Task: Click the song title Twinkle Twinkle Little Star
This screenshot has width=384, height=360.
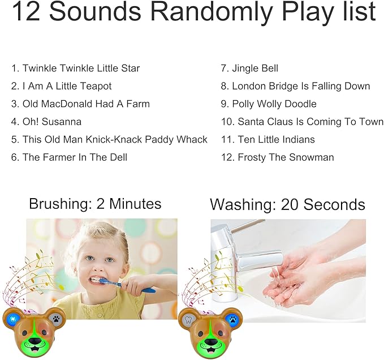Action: tap(81, 68)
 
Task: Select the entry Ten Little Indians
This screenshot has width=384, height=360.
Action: tap(276, 140)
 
